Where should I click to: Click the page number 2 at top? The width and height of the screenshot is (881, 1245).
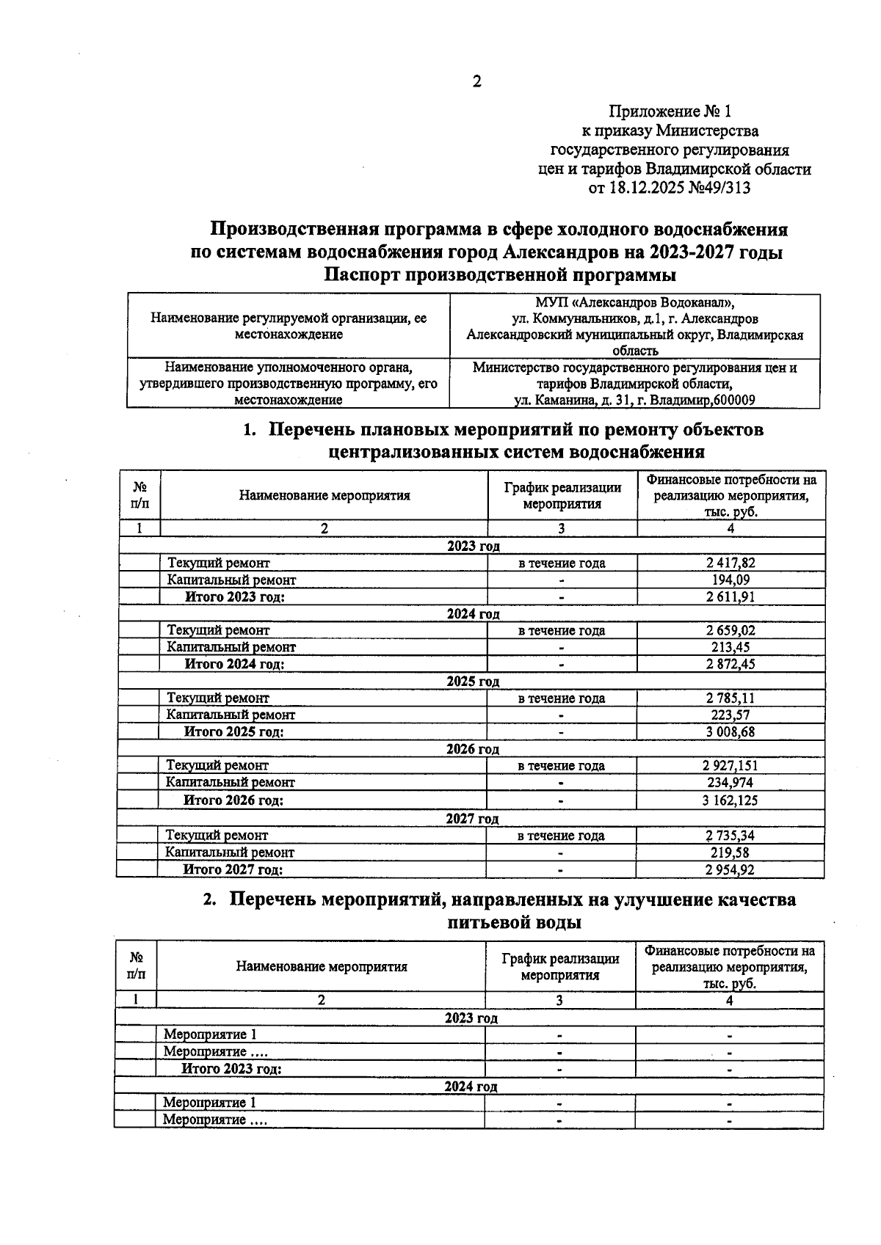(476, 81)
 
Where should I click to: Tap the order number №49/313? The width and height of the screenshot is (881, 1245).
(721, 189)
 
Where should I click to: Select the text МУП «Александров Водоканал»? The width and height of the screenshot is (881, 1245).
(634, 302)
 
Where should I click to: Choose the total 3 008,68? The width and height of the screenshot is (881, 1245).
(730, 731)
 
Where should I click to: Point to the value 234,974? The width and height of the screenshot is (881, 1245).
(730, 782)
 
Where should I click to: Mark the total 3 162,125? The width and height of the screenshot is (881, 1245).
(730, 800)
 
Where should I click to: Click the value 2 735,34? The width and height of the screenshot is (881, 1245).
(730, 835)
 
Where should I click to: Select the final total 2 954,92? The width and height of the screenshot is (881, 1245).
(730, 869)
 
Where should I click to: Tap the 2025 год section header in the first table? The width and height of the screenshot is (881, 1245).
(473, 681)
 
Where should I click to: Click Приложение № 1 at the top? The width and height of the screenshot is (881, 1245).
(670, 112)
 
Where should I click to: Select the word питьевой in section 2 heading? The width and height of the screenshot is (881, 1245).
(489, 922)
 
